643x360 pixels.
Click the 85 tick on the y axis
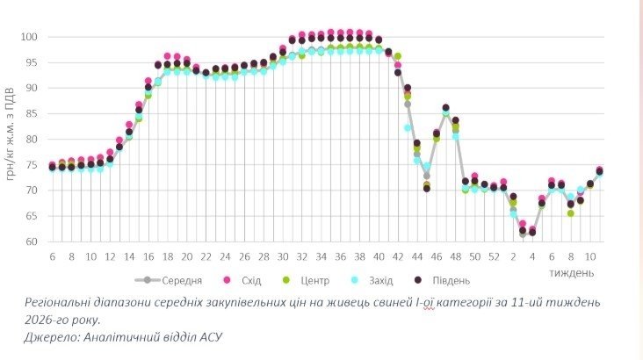32,113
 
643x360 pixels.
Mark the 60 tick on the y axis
32,241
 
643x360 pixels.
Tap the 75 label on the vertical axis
32,164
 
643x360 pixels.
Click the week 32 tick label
301,256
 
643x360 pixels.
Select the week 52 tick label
494,256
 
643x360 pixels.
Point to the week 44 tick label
416,256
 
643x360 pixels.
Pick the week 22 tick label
206,256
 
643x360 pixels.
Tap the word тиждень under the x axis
572,272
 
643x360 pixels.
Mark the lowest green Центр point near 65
571,213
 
